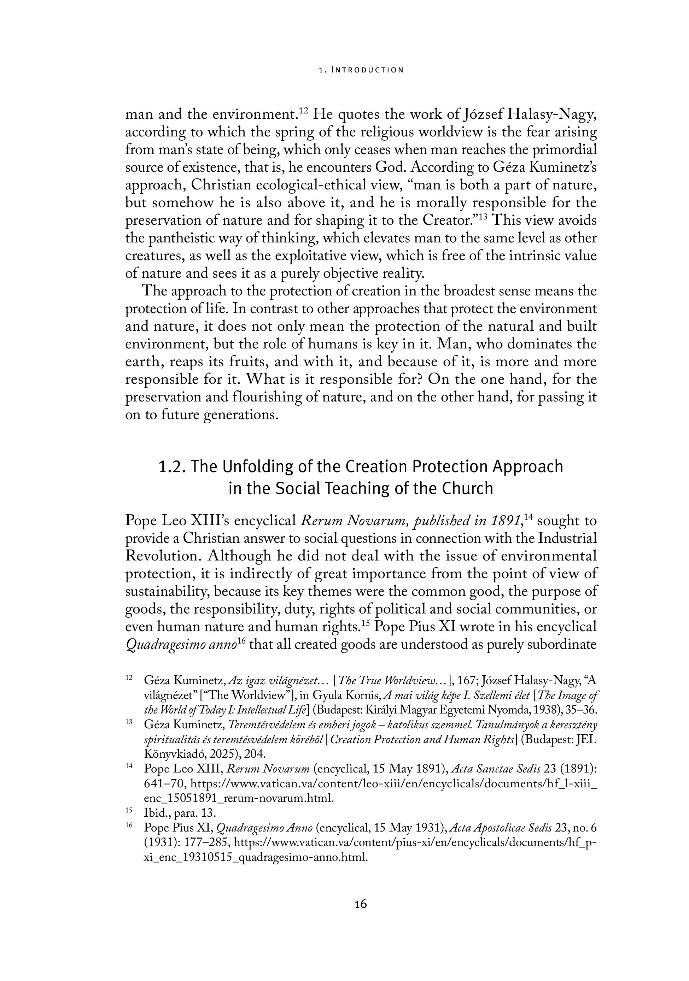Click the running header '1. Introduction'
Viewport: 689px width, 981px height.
click(361, 70)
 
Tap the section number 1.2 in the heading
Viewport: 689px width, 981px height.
click(171, 466)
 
